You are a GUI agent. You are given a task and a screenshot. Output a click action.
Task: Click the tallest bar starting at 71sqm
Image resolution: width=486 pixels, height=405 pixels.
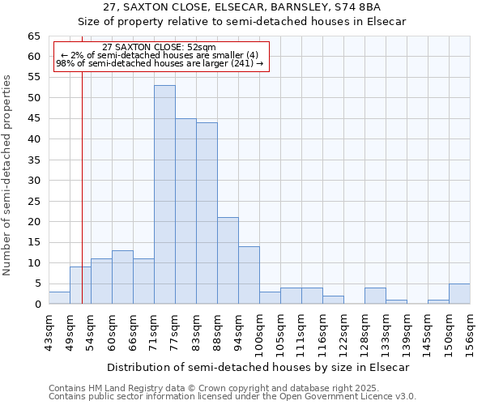click(164, 194)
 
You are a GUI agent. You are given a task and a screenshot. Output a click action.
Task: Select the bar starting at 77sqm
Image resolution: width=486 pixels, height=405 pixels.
click(185, 211)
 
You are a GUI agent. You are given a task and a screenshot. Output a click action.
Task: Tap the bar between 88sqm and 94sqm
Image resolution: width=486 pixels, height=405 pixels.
click(228, 260)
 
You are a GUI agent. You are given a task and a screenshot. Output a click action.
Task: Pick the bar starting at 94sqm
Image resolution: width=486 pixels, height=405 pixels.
click(249, 275)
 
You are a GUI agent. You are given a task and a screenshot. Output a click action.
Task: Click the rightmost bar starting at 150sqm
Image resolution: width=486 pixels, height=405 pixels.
click(459, 293)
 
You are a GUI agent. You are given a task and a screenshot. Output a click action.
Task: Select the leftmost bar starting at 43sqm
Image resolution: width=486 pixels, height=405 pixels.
click(59, 297)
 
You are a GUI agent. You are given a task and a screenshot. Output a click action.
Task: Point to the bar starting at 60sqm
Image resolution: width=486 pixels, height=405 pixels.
click(122, 277)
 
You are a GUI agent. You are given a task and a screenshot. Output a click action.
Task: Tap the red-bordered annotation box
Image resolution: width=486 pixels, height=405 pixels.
click(160, 56)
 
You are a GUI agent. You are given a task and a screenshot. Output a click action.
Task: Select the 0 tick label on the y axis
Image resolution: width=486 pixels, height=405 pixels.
click(37, 305)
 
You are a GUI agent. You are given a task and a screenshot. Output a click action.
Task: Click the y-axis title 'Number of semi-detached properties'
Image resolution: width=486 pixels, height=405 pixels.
click(8, 175)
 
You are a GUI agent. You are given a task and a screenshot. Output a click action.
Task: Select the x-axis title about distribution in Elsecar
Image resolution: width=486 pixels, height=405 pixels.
click(258, 367)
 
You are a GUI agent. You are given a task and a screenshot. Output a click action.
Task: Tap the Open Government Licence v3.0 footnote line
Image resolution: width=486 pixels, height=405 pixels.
click(232, 397)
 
